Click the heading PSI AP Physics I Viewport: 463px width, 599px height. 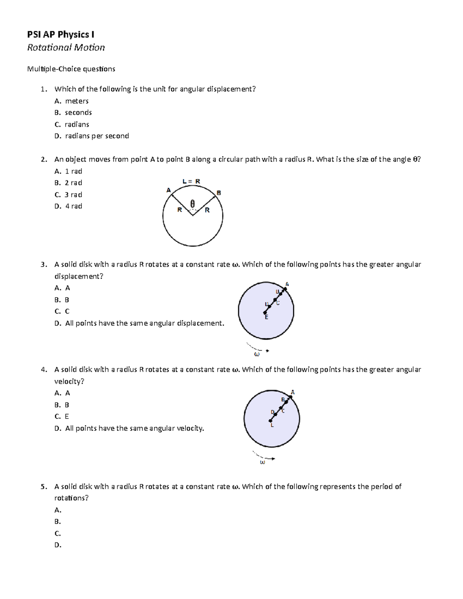click(61, 35)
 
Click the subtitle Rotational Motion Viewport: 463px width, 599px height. click(66, 47)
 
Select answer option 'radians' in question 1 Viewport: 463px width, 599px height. click(77, 124)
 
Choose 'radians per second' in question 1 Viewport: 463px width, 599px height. click(97, 136)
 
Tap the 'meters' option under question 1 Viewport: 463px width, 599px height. click(77, 101)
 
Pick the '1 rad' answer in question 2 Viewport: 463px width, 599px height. click(73, 171)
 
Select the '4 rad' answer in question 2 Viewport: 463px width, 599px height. click(73, 206)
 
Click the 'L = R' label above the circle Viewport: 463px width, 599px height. click(191, 181)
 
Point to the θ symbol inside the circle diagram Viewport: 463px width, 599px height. click(193, 203)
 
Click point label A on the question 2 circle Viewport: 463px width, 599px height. click(168, 190)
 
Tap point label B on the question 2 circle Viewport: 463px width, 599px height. click(219, 192)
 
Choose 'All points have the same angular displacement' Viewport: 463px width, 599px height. click(144, 323)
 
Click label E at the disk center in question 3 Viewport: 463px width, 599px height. click(266, 317)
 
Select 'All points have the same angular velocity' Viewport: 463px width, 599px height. click(134, 429)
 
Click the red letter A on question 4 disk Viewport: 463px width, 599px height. click(292, 392)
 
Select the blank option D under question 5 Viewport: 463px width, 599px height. click(58, 545)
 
